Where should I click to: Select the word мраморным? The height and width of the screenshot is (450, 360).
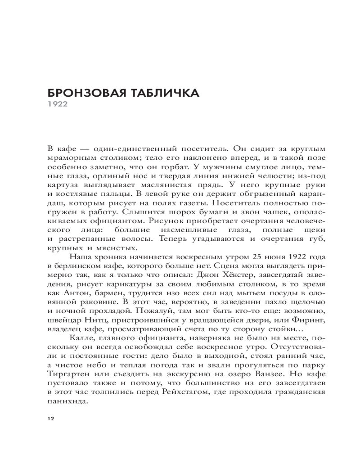click(x=66, y=158)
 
